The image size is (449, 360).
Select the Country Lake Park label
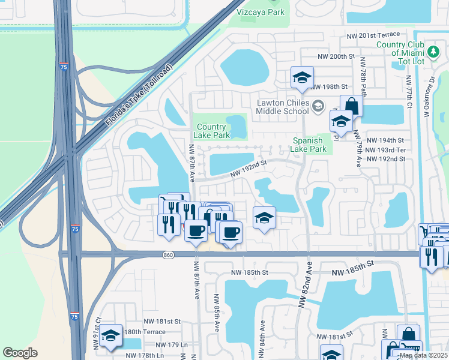coord(211,131)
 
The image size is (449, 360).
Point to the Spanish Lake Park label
coord(309,145)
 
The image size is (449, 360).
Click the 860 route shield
coord(168,255)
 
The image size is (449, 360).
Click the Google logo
coord(20,353)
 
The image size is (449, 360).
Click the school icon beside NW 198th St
coord(302,78)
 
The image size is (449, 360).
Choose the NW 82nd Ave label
coord(307,288)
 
